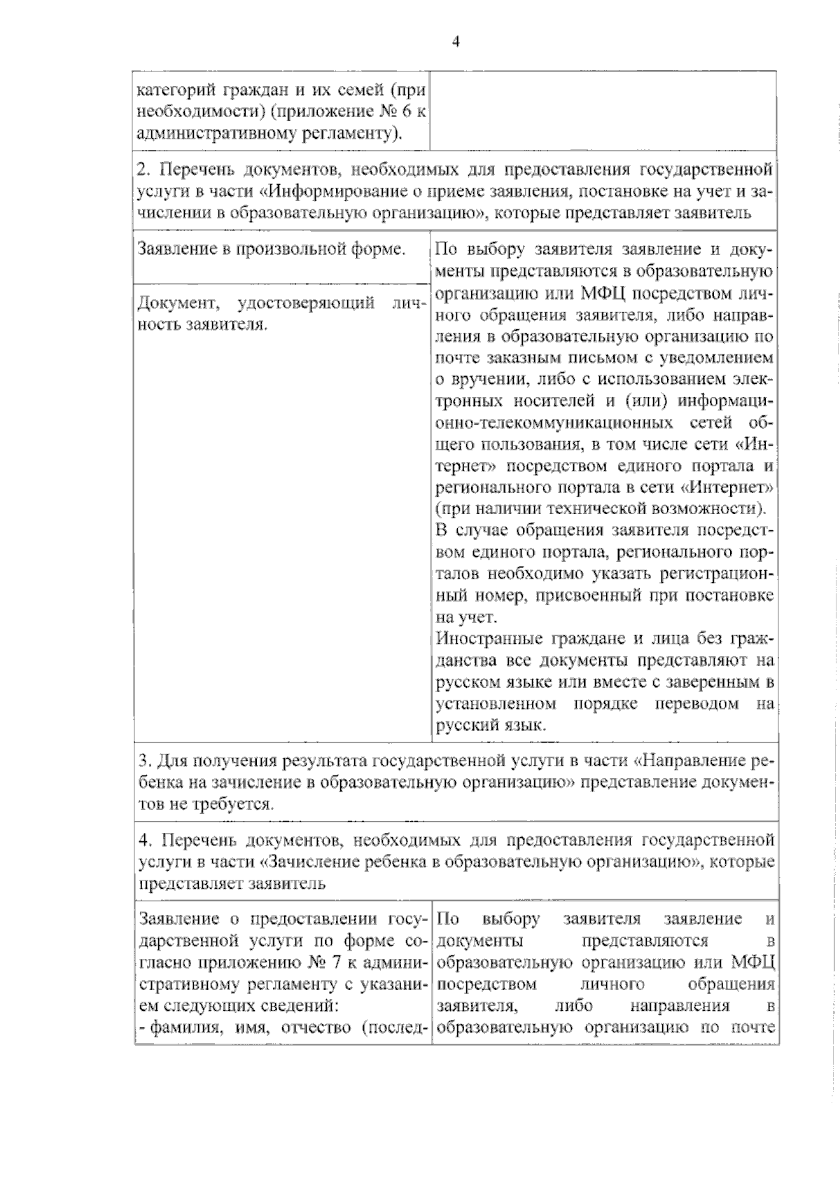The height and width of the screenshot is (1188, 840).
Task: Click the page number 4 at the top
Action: [456, 42]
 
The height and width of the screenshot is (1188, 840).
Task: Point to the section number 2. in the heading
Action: [143, 170]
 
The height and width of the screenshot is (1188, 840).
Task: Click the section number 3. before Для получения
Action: [144, 761]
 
